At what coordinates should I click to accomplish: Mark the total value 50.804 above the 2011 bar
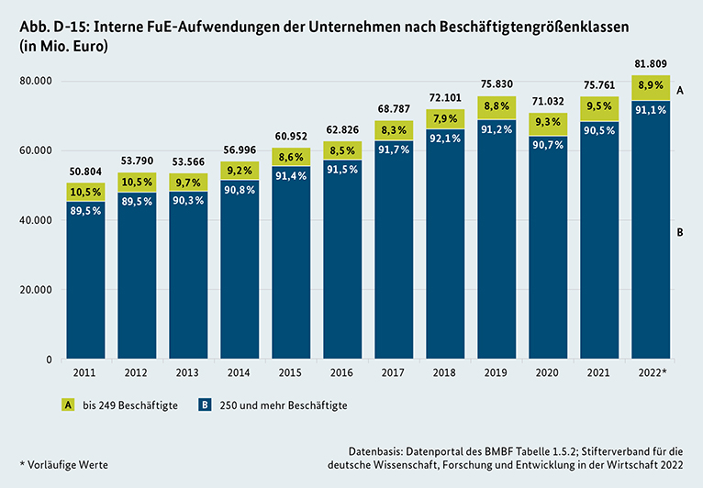(84, 171)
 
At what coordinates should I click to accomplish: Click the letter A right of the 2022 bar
(680, 91)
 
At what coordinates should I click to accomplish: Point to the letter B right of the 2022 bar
(680, 233)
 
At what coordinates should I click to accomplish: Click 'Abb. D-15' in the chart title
(56, 26)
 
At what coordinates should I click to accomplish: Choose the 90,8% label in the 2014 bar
(239, 190)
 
